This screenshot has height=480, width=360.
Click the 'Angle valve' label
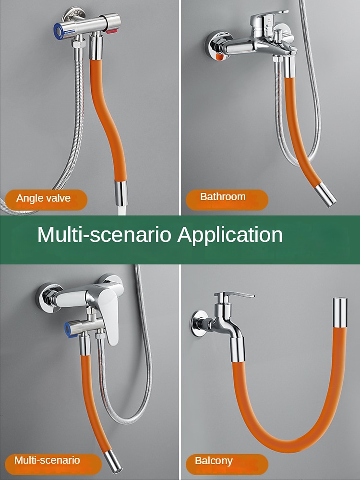46,200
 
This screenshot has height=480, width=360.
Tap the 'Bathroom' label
227,199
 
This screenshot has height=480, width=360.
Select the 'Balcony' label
227,464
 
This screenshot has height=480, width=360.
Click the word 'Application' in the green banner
230,235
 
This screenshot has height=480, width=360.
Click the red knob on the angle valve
111,30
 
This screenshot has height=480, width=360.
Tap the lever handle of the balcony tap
235,295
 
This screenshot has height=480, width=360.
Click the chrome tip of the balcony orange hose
340,312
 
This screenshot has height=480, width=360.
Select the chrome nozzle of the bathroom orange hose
326,194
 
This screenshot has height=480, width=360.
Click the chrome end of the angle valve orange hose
120,193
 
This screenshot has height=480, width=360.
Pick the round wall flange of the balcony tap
200,324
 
